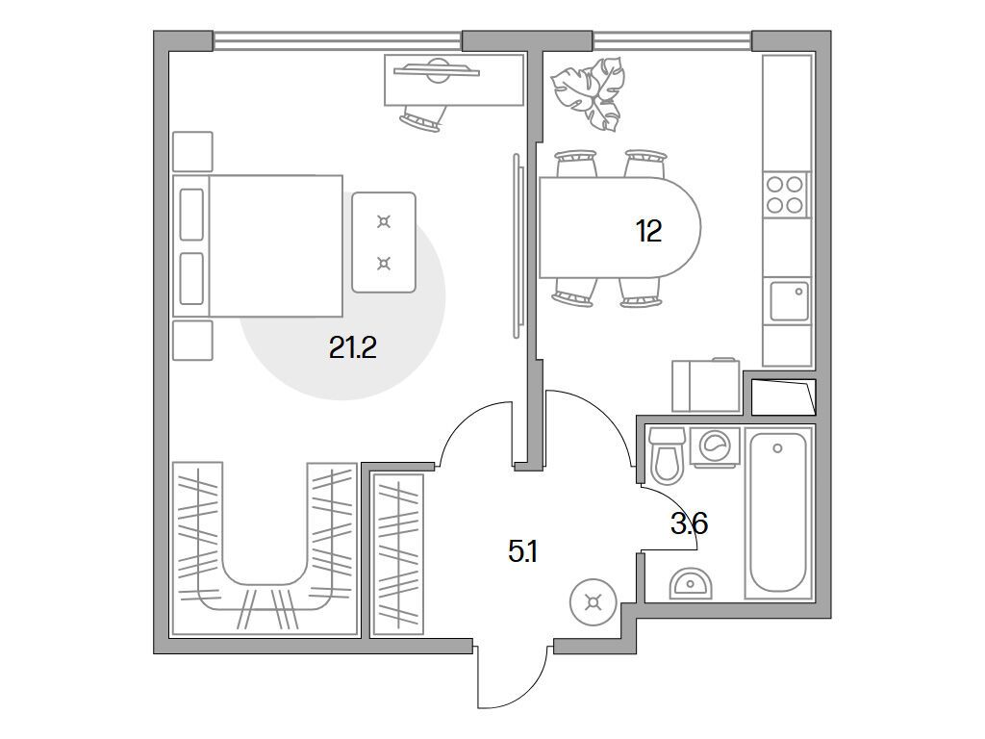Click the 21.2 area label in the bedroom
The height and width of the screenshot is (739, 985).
[352, 346]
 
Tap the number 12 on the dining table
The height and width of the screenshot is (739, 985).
[648, 231]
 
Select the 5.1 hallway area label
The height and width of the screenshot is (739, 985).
[522, 552]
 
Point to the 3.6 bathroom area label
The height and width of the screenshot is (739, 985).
[689, 523]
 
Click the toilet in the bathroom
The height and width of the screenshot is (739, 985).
[666, 455]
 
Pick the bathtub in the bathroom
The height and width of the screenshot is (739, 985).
[777, 512]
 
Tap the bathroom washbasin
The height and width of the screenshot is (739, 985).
[691, 583]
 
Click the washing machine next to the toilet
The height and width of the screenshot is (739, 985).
[715, 446]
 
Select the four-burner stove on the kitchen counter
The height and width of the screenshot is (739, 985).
[785, 194]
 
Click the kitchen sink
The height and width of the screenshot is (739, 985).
[789, 301]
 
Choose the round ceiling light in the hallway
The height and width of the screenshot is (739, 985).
[593, 602]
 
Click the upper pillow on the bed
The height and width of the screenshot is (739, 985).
[191, 215]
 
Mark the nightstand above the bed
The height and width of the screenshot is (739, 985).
[192, 151]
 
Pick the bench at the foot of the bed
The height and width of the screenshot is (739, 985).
[384, 242]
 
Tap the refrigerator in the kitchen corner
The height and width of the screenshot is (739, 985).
[705, 385]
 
